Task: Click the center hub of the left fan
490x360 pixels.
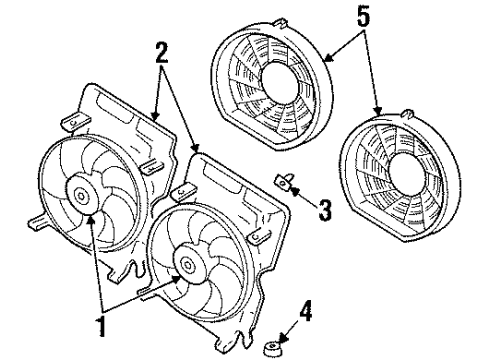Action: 79,191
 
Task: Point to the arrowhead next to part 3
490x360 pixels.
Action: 296,188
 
